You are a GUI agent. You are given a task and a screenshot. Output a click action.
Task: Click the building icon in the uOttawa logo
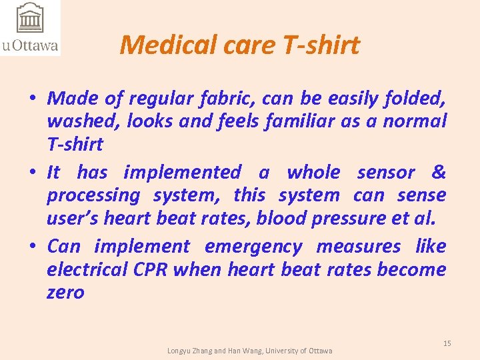pos(29,19)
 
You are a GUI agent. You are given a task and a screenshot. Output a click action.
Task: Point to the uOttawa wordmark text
pos(30,46)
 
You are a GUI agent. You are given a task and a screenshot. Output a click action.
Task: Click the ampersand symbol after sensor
pos(438,172)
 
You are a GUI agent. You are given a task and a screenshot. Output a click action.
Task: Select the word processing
pos(93,196)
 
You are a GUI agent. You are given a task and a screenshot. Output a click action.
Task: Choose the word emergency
pos(253,247)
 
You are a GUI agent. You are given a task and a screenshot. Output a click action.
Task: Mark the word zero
pos(65,292)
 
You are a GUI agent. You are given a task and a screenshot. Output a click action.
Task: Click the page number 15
pos(447,343)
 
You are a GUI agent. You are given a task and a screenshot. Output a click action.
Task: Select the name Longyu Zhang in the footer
pos(189,351)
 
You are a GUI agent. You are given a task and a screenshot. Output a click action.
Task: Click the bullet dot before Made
pos(32,99)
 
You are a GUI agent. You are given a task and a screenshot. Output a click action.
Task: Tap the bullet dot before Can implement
pos(32,247)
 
